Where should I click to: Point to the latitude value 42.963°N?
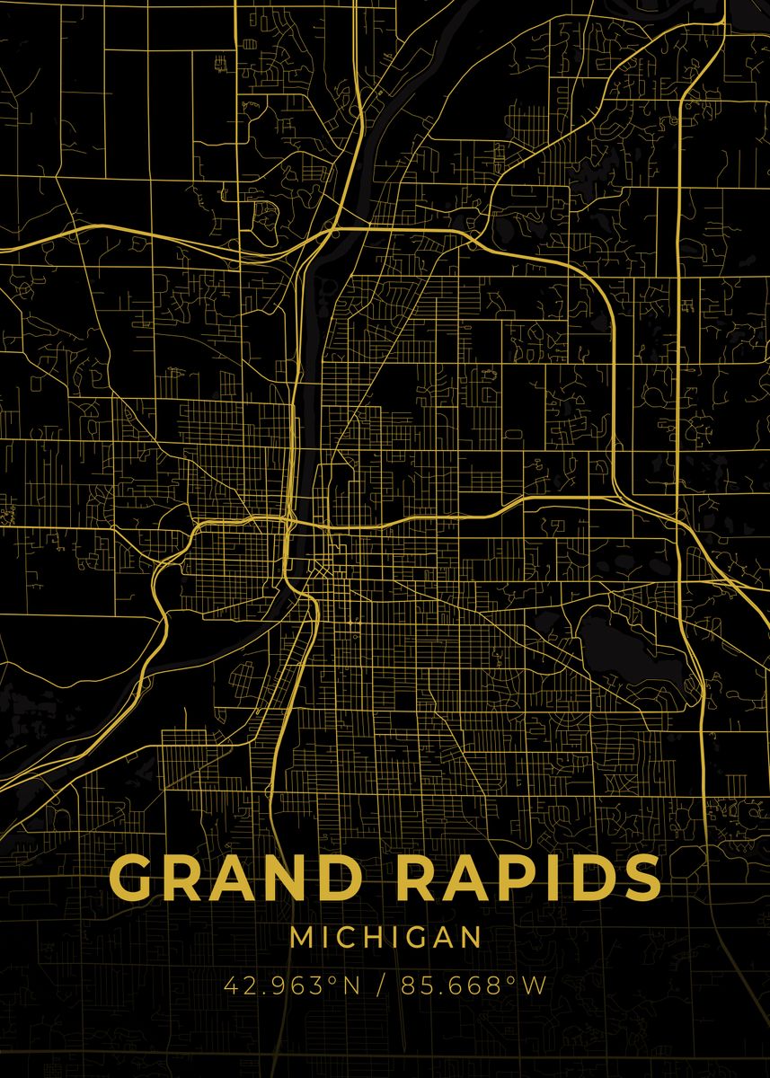(x=291, y=985)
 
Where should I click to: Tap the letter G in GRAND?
(x=136, y=878)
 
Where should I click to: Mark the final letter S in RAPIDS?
(x=640, y=878)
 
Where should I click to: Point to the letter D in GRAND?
(x=357, y=877)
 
